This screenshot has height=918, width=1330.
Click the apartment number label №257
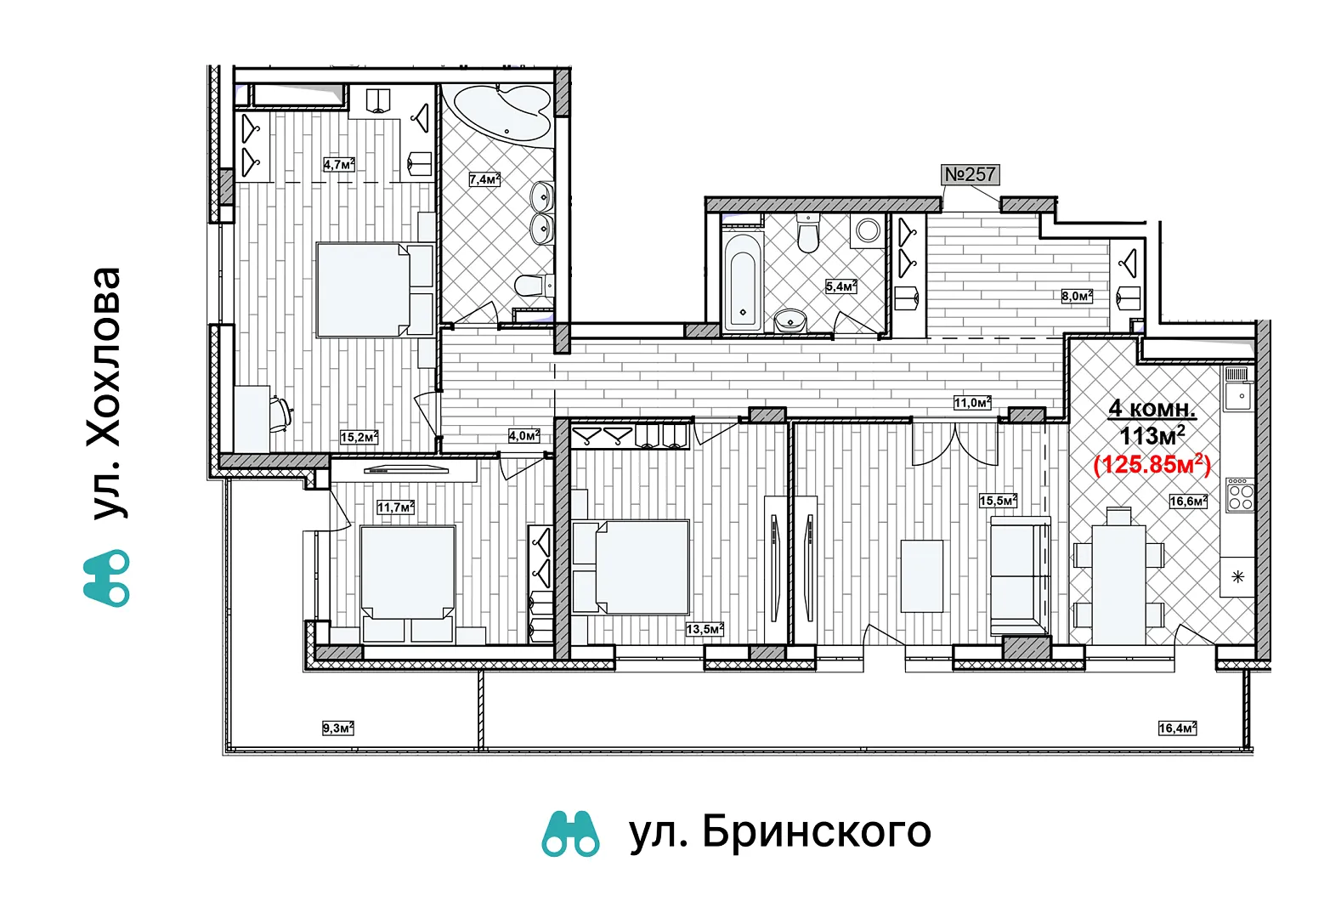[x=970, y=174]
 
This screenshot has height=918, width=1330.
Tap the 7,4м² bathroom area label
[x=484, y=178]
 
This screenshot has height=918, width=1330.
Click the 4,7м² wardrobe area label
[x=339, y=164]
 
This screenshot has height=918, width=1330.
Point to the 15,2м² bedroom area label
[x=359, y=437]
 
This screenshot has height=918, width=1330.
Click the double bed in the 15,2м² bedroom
[x=374, y=289]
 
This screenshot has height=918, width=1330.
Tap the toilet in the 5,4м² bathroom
[x=808, y=233]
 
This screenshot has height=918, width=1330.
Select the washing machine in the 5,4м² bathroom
[x=868, y=230]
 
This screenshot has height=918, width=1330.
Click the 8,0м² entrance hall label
[x=1077, y=296]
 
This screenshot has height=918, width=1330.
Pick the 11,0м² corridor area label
[x=972, y=403]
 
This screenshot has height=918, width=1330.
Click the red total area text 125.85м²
[x=1152, y=464]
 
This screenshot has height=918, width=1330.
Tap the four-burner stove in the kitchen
[x=1241, y=495]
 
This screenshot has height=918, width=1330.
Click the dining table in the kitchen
[x=1118, y=584]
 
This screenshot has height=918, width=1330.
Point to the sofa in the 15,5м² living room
[x=1020, y=576]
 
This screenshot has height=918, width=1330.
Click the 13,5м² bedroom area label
[x=705, y=629]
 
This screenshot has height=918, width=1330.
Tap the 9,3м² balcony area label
[x=338, y=728]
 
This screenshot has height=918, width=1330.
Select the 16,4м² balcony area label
[x=1177, y=728]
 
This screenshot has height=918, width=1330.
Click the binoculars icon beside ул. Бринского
[x=570, y=834]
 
